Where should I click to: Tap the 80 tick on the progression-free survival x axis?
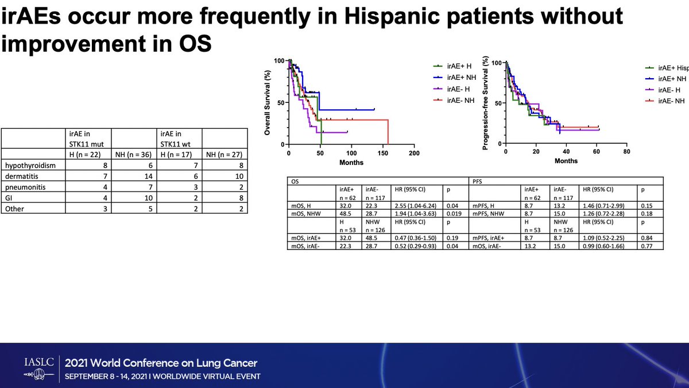pyautogui.click(x=626, y=152)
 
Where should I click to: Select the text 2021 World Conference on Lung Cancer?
pyautogui.click(x=161, y=363)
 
